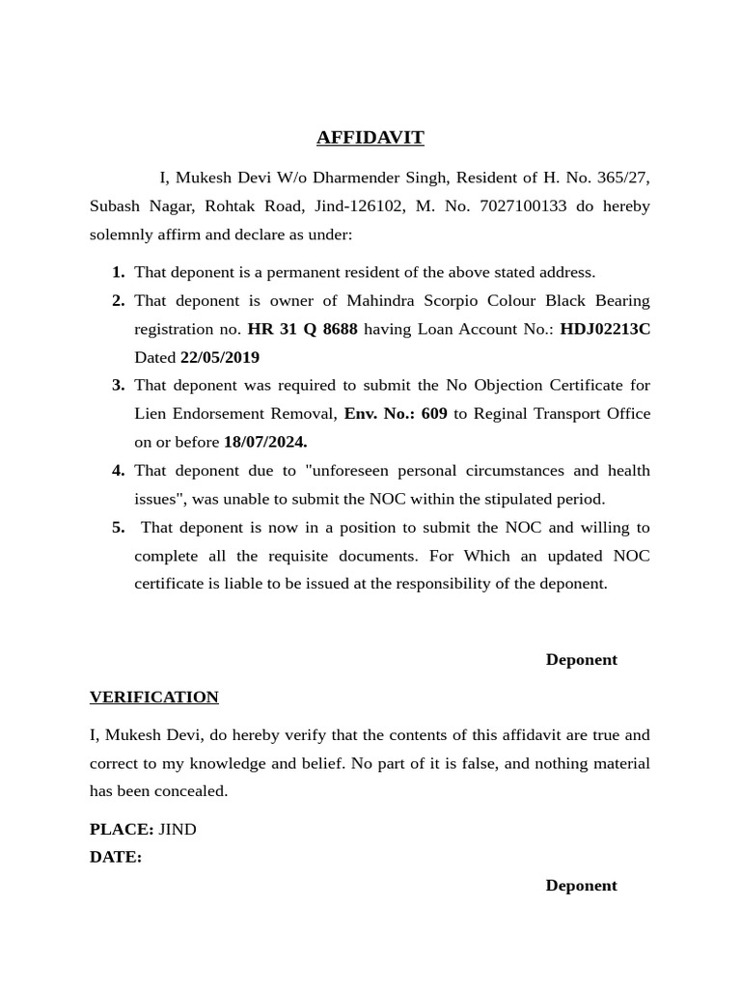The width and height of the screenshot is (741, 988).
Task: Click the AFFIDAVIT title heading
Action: click(370, 138)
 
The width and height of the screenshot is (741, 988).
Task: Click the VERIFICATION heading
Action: click(154, 698)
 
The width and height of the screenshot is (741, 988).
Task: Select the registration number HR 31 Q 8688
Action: click(302, 329)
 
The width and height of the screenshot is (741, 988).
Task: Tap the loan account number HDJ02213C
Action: click(605, 329)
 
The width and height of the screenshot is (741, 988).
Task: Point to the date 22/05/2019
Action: click(220, 358)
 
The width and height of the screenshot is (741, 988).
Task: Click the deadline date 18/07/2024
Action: click(265, 443)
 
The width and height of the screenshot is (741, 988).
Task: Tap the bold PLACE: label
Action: click(122, 830)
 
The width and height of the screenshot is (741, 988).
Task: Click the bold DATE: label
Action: click(116, 858)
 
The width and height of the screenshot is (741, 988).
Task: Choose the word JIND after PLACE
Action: click(178, 830)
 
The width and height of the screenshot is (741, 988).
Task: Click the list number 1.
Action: click(118, 273)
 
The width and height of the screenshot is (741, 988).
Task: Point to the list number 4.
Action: click(118, 471)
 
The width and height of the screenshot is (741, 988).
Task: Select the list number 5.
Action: click(118, 528)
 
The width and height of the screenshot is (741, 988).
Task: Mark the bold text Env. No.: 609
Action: click(396, 414)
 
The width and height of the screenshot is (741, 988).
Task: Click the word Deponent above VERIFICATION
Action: click(581, 660)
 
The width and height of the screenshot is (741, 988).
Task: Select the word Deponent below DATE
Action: click(581, 886)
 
